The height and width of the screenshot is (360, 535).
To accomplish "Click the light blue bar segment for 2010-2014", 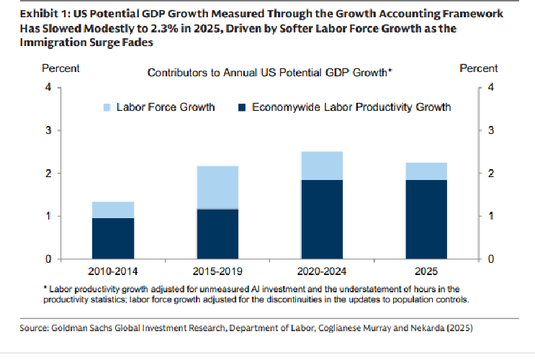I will click(x=114, y=210).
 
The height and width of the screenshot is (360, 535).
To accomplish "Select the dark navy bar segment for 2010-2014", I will click(x=114, y=238).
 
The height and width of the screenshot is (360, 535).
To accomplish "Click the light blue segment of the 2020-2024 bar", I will click(x=321, y=166).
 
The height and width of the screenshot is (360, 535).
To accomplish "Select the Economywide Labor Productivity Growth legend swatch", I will click(x=241, y=107).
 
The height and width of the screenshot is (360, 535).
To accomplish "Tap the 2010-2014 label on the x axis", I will click(x=114, y=271).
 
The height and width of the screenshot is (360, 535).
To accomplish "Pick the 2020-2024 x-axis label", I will click(x=321, y=271).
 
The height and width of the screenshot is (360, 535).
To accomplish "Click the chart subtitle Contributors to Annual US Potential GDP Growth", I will click(x=269, y=73).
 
